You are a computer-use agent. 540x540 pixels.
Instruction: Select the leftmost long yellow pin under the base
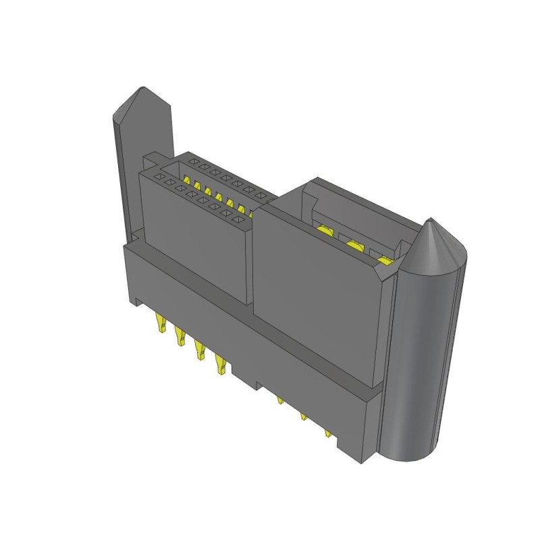(161, 323)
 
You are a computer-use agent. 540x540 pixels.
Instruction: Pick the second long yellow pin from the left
(180, 335)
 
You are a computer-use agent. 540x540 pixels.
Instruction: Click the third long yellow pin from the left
(199, 349)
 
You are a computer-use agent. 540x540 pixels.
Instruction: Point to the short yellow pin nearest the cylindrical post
(328, 433)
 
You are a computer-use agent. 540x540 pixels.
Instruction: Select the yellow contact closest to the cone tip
(385, 261)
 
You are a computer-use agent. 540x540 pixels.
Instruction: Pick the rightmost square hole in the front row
(238, 219)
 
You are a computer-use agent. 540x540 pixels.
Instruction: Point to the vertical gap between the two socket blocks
(253, 263)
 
